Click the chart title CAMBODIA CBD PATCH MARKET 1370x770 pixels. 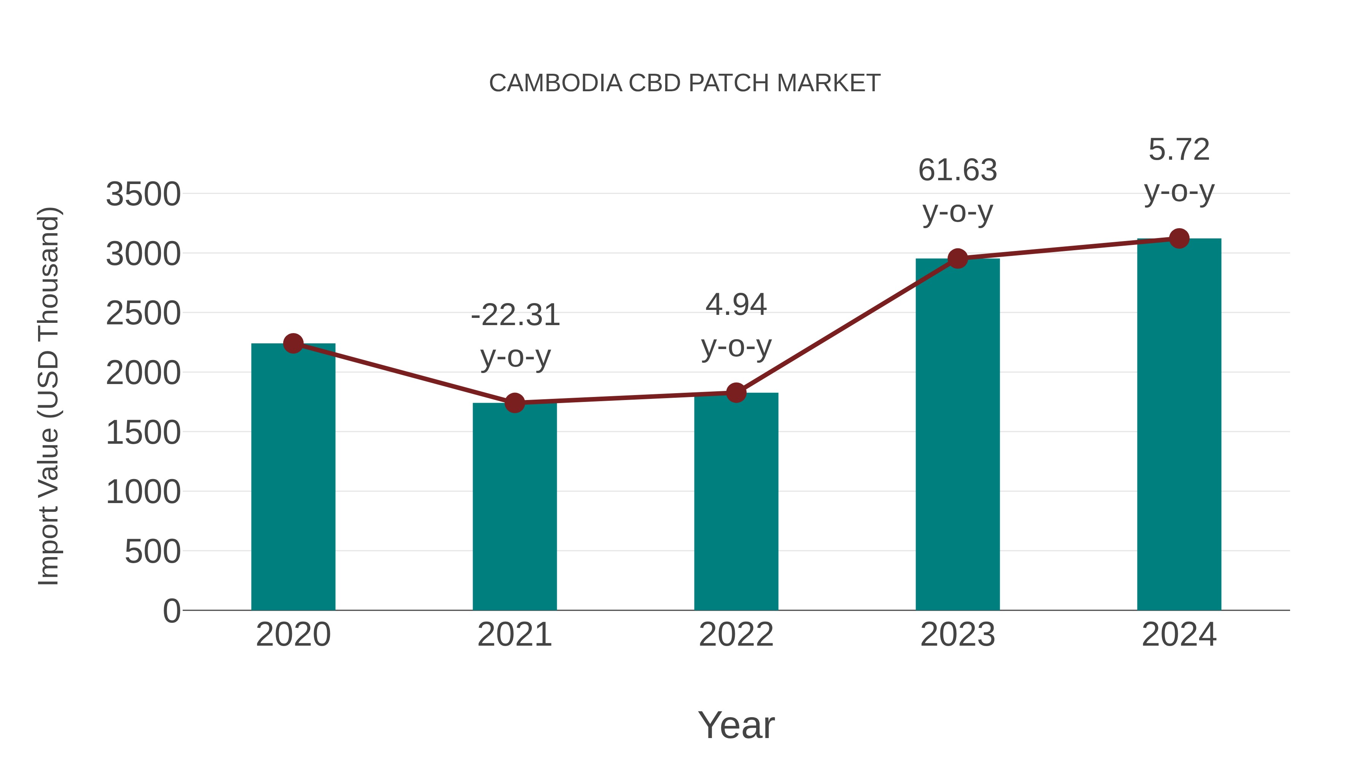(685, 83)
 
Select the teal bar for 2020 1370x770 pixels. (293, 478)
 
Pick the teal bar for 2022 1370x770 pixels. (736, 502)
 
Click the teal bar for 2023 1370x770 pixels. (957, 436)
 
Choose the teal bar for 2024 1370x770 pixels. (1179, 425)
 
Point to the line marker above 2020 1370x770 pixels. (293, 343)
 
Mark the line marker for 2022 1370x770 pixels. (736, 393)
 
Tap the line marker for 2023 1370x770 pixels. (957, 259)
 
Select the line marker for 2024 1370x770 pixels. (1179, 238)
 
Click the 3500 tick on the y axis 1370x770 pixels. (143, 194)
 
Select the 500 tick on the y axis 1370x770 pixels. (153, 552)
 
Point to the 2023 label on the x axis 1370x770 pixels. (957, 635)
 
